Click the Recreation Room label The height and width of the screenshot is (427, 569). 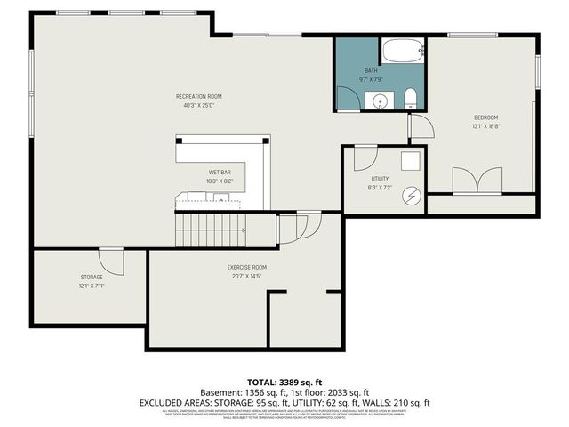198,95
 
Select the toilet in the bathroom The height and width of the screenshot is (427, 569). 409,98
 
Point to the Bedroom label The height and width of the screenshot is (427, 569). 485,117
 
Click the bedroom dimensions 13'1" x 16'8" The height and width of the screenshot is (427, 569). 485,126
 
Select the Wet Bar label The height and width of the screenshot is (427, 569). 220,172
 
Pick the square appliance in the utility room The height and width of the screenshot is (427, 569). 410,161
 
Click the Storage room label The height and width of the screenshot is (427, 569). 92,277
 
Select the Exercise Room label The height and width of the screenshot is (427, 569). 246,267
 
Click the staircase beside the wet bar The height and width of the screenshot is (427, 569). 210,230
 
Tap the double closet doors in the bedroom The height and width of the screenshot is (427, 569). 478,181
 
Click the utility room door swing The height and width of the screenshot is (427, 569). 365,158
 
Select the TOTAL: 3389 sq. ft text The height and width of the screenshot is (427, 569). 284,380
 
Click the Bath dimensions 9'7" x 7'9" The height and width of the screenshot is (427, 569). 372,79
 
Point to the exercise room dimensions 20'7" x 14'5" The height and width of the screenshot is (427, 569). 246,276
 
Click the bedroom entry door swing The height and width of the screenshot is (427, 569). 421,128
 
